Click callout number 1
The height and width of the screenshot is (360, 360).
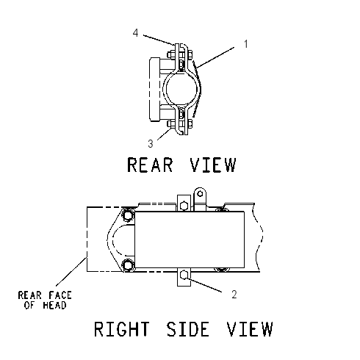click(x=246, y=44)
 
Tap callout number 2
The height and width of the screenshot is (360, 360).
click(x=234, y=295)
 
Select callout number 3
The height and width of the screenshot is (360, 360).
click(x=151, y=144)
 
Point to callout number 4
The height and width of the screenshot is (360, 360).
click(x=136, y=33)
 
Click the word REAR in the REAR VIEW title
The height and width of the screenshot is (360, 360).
click(x=150, y=165)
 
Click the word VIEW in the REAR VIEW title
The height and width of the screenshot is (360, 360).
click(x=212, y=165)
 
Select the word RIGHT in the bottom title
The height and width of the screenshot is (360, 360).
click(x=122, y=329)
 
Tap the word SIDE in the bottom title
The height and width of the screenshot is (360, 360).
click(x=188, y=329)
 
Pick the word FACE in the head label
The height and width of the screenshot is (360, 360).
click(x=60, y=295)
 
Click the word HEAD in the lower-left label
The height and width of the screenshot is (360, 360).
click(x=54, y=306)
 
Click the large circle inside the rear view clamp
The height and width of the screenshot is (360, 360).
click(x=181, y=89)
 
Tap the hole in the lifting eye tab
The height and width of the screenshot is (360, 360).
click(x=200, y=194)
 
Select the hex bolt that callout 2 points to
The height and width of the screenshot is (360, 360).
click(x=184, y=276)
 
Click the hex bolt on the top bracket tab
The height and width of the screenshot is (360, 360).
click(x=184, y=205)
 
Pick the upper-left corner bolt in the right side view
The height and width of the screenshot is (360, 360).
click(x=128, y=216)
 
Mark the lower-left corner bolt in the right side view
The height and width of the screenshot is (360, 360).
click(x=128, y=264)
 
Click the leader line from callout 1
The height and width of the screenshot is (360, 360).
click(x=215, y=57)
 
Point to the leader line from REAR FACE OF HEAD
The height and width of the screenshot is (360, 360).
click(x=71, y=271)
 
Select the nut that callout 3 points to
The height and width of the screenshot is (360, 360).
click(x=170, y=124)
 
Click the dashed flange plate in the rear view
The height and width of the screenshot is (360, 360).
click(x=155, y=90)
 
